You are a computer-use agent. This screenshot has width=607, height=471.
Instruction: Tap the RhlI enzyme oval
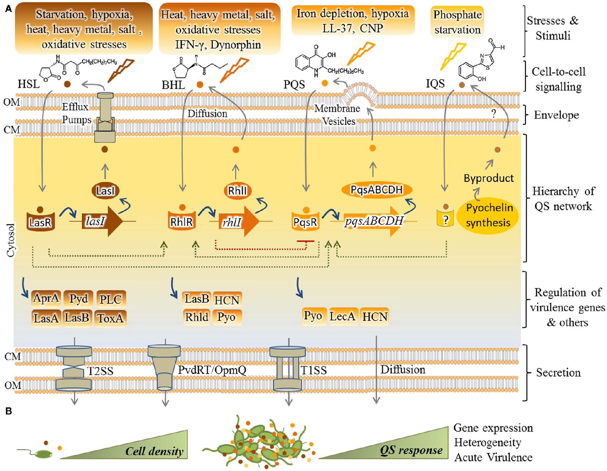[237, 190]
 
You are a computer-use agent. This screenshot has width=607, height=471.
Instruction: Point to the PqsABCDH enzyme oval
[376, 189]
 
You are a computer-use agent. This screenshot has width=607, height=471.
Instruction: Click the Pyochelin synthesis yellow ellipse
[489, 215]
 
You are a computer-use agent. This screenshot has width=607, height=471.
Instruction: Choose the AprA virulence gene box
[46, 298]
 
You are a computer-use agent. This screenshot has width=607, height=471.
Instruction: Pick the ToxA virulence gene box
[110, 318]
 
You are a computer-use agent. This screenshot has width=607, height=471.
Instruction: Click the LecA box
[342, 316]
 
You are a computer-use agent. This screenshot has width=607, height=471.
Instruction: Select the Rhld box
[197, 317]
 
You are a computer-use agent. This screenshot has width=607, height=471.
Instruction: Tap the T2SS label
[100, 371]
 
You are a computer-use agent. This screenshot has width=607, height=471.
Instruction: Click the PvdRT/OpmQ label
[212, 370]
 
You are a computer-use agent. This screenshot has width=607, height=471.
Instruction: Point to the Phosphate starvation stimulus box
[457, 22]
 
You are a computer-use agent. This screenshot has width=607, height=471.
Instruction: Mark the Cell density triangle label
[154, 451]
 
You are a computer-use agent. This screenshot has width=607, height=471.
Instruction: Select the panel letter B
[9, 411]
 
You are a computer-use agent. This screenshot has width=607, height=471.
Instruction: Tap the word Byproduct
[489, 178]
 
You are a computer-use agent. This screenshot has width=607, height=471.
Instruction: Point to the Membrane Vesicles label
[338, 115]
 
